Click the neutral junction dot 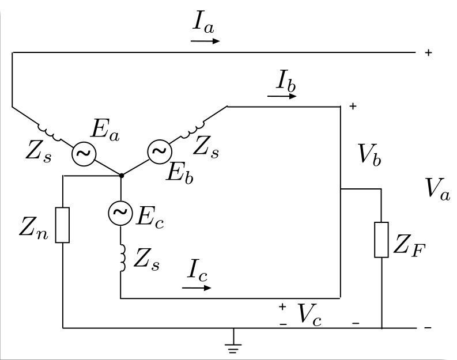pos(122,175)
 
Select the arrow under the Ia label pos(205,41)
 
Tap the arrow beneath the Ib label pos(282,96)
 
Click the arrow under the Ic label pos(197,288)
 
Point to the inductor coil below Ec pos(123,258)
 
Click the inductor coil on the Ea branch pos(49,132)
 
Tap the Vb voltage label pos(369,154)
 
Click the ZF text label pos(409,246)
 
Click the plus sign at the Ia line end pos(428,52)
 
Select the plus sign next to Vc pos(282,306)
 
